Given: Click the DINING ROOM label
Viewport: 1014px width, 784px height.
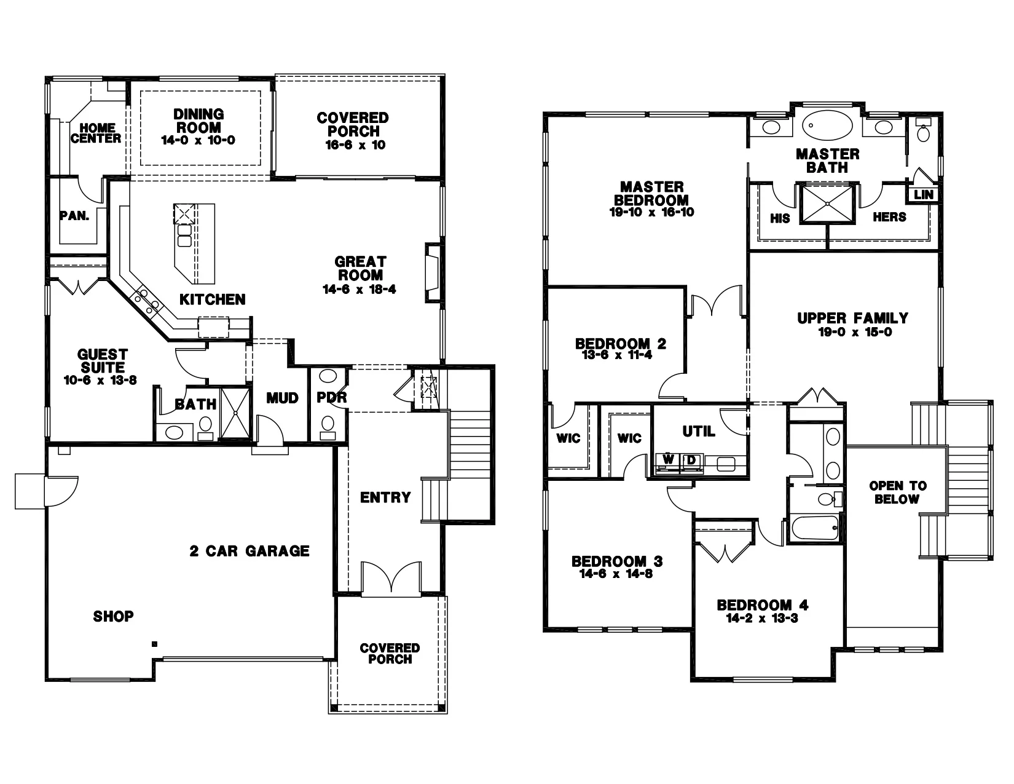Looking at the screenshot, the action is tap(198, 121).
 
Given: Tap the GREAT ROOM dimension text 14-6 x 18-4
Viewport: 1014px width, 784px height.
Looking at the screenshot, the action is tap(359, 289).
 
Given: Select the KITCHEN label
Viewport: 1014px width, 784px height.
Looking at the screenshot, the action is tap(213, 299).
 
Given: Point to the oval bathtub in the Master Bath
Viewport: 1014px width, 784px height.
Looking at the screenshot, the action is tap(828, 127).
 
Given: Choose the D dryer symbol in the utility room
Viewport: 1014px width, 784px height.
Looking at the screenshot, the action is tap(691, 460).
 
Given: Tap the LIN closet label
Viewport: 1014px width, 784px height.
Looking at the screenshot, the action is tap(924, 195).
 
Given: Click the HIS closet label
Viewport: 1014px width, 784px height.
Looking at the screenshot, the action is tap(780, 218).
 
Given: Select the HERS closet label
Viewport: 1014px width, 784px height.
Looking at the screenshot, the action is tap(889, 217).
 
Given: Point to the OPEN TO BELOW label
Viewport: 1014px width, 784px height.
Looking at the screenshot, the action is tap(897, 493).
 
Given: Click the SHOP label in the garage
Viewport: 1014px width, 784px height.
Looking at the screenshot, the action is tap(114, 616).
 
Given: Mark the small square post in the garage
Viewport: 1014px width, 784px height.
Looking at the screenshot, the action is tap(155, 644).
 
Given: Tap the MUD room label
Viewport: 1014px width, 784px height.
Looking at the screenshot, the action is tap(282, 398).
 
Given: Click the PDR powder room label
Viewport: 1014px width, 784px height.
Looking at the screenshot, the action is tap(332, 398).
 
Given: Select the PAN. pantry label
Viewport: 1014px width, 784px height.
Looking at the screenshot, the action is tap(75, 216).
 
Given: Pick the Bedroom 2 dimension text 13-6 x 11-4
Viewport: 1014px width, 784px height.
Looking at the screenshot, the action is tap(621, 355).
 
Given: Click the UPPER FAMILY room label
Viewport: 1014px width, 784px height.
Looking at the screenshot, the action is tap(852, 318).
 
